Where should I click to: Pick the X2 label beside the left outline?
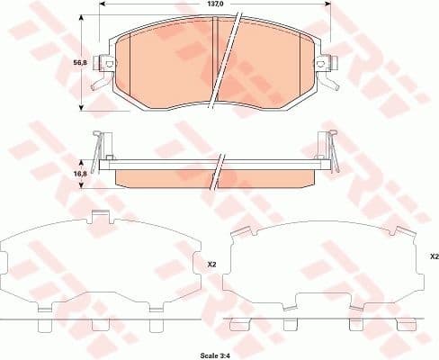point(212,265)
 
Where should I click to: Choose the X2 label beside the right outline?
point(434,256)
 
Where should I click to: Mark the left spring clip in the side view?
point(101,148)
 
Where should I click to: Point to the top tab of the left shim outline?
point(102,216)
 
